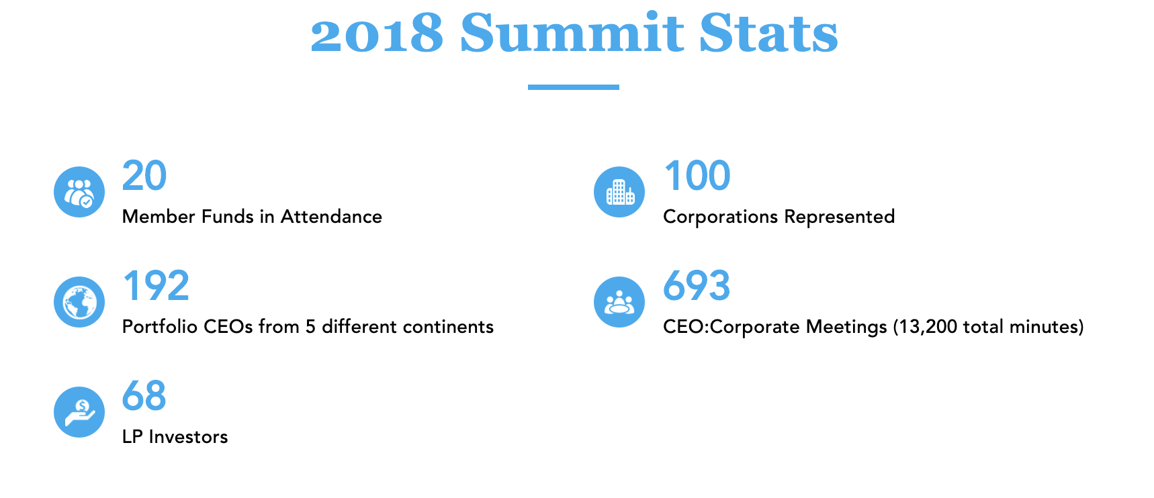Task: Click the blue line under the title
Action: point(573,87)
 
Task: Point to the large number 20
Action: point(144,176)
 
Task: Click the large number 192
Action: point(156,286)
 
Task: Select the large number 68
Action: point(144,396)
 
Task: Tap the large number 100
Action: point(697,176)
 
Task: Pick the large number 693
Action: point(697,286)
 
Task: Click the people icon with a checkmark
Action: point(79,192)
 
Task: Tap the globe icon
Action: point(79,302)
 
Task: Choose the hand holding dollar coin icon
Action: point(79,412)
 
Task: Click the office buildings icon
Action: point(619,192)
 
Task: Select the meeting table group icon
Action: point(619,302)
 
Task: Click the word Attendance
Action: point(331,217)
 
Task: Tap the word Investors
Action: point(189,437)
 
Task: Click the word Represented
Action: point(840,217)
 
